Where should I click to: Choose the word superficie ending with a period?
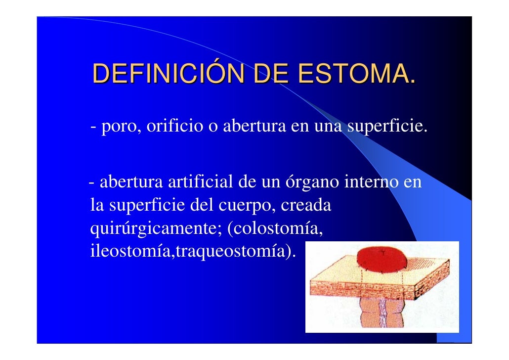click(384, 128)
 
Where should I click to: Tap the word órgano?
click(312, 183)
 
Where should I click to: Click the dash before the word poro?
click(93, 129)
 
